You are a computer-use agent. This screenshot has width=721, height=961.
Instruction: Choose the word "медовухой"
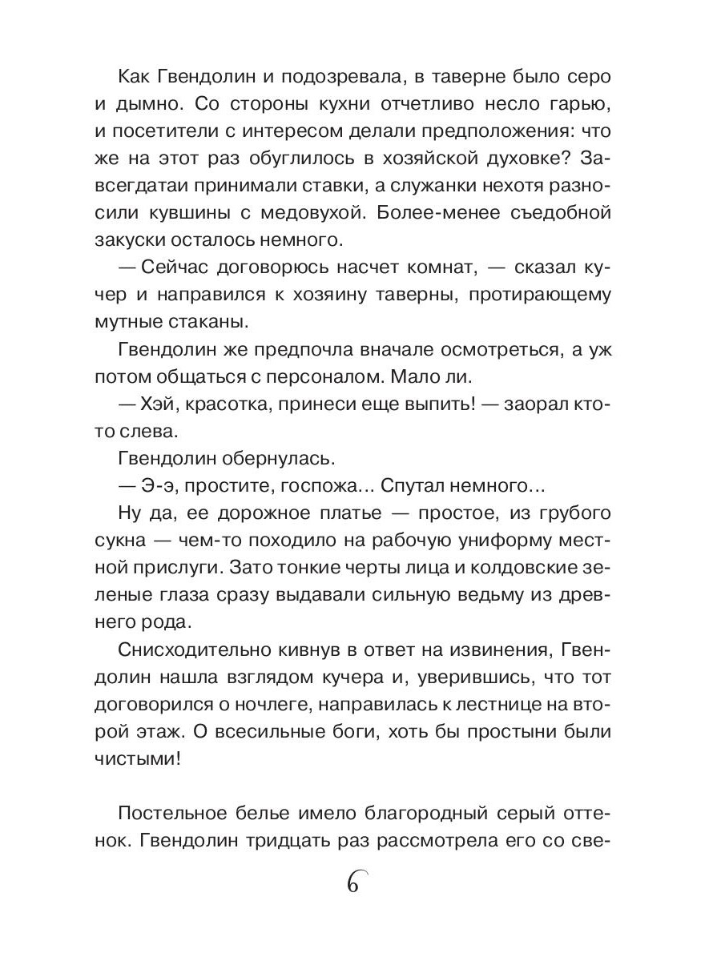(381, 215)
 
